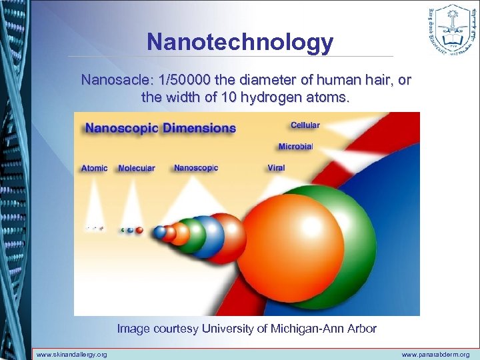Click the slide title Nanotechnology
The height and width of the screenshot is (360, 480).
[240, 42]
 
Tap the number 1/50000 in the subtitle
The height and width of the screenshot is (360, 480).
[188, 81]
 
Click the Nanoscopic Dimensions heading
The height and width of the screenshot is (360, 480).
[160, 128]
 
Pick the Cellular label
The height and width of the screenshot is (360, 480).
[305, 125]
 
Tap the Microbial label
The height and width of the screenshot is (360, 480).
[295, 147]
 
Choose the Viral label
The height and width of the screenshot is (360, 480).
[276, 168]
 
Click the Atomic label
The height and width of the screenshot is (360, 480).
[94, 168]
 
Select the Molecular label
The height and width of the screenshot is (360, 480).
[136, 168]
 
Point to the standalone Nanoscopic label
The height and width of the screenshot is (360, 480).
[196, 168]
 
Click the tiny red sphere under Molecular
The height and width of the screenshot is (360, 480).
[139, 231]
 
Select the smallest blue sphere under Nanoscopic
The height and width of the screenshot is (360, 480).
[159, 232]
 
